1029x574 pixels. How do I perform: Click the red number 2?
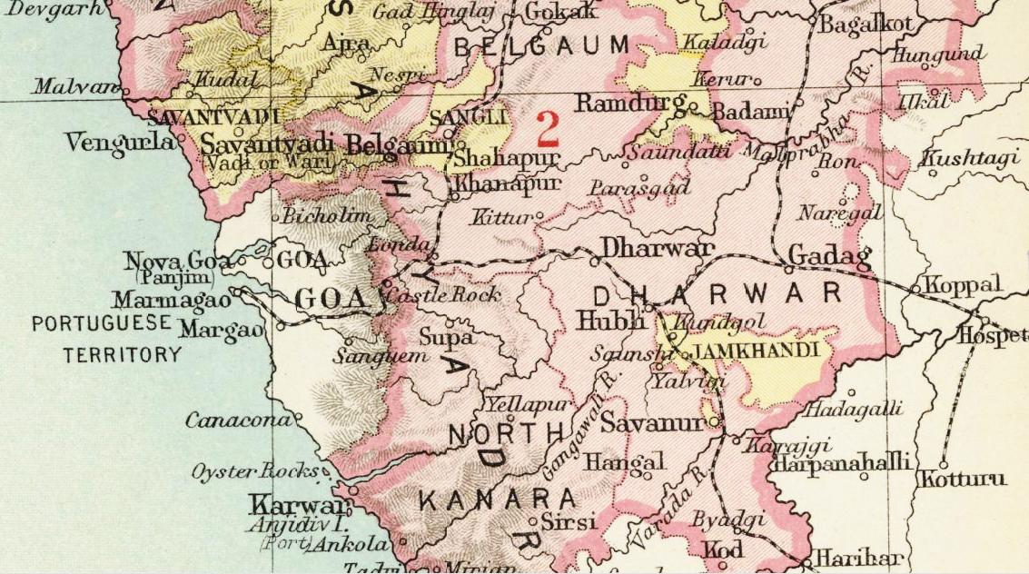click(547, 129)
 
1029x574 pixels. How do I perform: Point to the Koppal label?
click(964, 285)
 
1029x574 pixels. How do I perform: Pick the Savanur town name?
click(652, 423)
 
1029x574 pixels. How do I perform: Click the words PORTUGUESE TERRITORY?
click(102, 339)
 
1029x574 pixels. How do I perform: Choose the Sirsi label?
click(569, 522)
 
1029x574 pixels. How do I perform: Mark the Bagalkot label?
click(864, 25)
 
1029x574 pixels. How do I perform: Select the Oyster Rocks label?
click(254, 472)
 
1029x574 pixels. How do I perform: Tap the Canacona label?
click(239, 421)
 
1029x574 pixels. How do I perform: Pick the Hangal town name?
click(623, 461)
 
